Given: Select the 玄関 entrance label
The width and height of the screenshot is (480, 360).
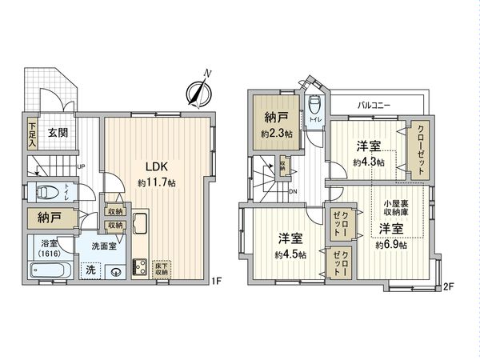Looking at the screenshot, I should pyautogui.click(x=56, y=134).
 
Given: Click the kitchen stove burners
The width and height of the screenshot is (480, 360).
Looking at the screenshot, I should pyautogui.click(x=138, y=266).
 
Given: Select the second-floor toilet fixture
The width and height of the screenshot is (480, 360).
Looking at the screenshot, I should pyautogui.click(x=314, y=106).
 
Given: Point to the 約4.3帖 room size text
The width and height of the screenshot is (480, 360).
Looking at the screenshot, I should pyautogui.click(x=368, y=162).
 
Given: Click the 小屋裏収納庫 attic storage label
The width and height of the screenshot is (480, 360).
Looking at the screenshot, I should pyautogui.click(x=394, y=208).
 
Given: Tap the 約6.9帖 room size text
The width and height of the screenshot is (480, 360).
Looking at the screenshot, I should pyautogui.click(x=391, y=245).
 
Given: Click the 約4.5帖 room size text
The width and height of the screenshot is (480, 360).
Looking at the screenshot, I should pyautogui.click(x=289, y=255).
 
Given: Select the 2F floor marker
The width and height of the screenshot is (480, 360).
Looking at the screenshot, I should pyautogui.click(x=448, y=286).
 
